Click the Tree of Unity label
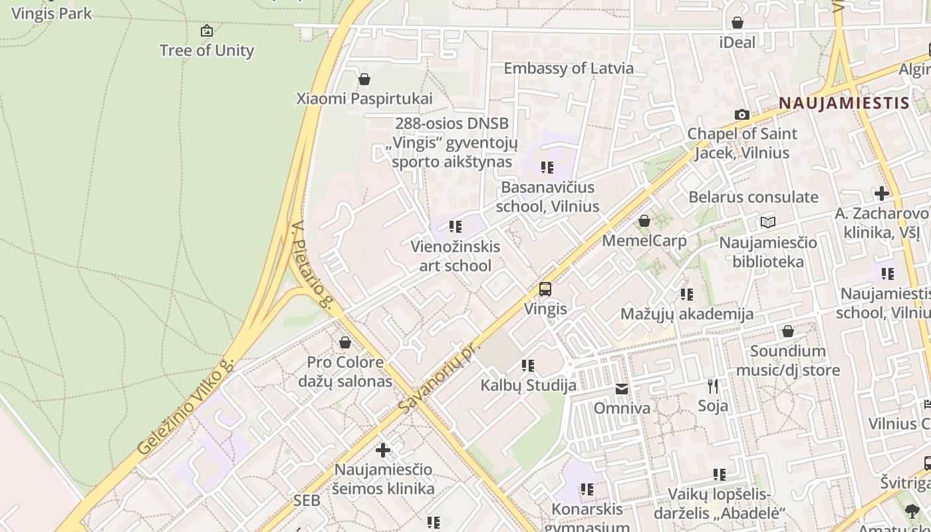pyautogui.click(x=207, y=51)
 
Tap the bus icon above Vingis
pyautogui.click(x=545, y=289)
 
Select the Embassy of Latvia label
pyautogui.click(x=569, y=68)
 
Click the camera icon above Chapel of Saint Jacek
pyautogui.click(x=742, y=115)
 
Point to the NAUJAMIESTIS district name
pyautogui.click(x=843, y=103)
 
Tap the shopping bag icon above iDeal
pyautogui.click(x=737, y=23)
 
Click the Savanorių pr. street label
pyautogui.click(x=439, y=378)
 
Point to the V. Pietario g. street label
pyautogui.click(x=311, y=265)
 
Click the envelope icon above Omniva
pyautogui.click(x=622, y=389)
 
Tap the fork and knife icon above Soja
pyautogui.click(x=713, y=386)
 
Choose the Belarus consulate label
pyautogui.click(x=753, y=198)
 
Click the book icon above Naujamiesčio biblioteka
pyautogui.click(x=768, y=223)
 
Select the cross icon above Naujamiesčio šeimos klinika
pyautogui.click(x=383, y=450)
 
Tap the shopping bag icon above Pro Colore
pyautogui.click(x=345, y=343)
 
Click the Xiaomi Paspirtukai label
pyautogui.click(x=364, y=99)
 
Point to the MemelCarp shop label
pyautogui.click(x=644, y=241)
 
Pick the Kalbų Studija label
pyautogui.click(x=529, y=386)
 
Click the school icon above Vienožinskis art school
pyautogui.click(x=456, y=227)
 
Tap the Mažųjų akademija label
pyautogui.click(x=687, y=314)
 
